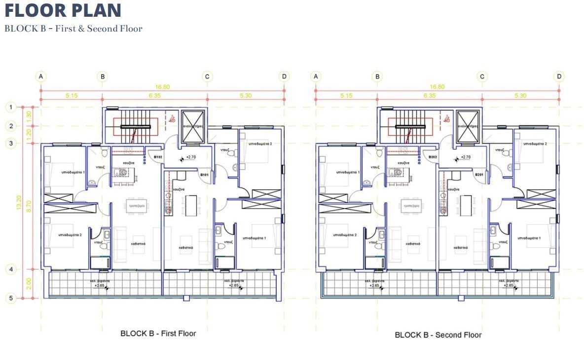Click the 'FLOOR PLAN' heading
[63, 10]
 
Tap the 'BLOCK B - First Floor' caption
[158, 333]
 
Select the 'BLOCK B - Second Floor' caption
[438, 335]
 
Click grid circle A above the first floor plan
[41, 76]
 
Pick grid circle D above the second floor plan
[559, 76]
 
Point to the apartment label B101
[205, 175]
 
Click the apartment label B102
[158, 157]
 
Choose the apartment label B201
[479, 175]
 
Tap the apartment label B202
[433, 157]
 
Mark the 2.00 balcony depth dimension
[29, 284]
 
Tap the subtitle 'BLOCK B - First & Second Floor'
[73, 29]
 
